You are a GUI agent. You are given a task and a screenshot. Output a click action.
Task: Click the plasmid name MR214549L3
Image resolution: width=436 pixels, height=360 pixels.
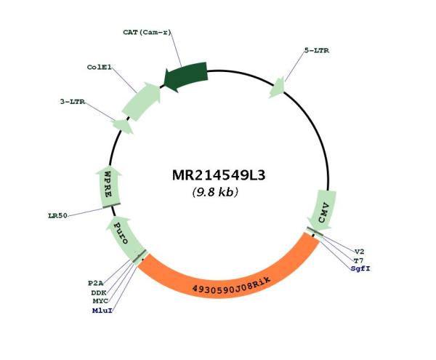219,175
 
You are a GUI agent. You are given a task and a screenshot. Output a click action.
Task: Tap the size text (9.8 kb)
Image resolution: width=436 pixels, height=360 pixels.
215,192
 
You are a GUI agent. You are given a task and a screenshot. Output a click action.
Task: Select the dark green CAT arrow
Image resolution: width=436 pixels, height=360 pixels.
186,76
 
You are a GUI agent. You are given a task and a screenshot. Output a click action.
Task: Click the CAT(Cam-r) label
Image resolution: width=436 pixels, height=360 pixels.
147,32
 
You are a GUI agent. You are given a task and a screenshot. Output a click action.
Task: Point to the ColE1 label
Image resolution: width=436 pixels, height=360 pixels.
100,67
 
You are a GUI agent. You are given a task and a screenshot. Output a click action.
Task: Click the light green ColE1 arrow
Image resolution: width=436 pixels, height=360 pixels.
142,101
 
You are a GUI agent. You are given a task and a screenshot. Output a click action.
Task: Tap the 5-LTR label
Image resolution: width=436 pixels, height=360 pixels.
316,50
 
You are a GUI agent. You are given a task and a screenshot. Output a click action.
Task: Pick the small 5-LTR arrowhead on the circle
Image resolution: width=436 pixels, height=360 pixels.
278,88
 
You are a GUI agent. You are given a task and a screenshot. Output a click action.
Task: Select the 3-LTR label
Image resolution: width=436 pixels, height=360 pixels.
73,102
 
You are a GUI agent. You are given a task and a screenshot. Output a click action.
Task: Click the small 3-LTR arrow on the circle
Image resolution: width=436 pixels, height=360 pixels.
123,127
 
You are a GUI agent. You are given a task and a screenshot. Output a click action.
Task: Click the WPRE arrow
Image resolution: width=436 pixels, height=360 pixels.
108,187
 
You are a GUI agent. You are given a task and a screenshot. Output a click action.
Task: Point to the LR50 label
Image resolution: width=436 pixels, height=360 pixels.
57,215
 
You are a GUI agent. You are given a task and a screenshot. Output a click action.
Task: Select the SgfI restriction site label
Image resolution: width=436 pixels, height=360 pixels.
360,269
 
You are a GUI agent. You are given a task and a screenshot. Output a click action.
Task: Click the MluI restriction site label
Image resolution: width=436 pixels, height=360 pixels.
102,311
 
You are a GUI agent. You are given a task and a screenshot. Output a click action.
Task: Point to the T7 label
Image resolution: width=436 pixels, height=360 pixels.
358,260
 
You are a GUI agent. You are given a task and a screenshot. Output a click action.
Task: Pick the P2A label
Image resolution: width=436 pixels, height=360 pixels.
96,283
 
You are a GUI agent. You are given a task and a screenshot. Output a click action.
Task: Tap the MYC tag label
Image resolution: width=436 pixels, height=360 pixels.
100,301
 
